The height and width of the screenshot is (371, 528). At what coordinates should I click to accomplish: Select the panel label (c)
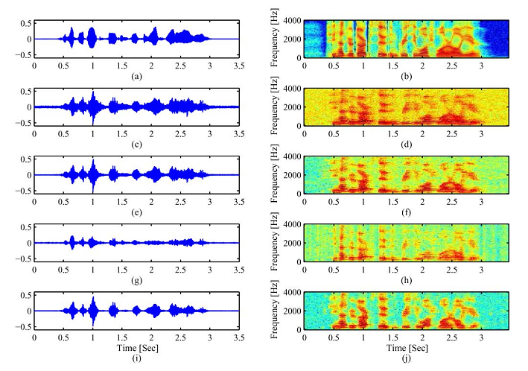pos(136,145)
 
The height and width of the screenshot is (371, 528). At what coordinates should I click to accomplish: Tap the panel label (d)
pos(407,145)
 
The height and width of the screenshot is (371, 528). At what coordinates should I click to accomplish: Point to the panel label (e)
pos(136,213)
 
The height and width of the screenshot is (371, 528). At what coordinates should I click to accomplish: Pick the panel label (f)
pos(407,213)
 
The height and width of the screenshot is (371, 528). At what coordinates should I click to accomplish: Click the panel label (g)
pos(136,281)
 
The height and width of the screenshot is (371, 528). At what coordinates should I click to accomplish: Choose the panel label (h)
pos(407,281)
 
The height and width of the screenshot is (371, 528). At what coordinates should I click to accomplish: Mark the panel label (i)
pos(136,358)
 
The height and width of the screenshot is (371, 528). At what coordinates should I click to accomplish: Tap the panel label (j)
pos(407,358)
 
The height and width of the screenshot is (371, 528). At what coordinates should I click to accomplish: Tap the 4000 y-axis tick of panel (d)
pos(293,89)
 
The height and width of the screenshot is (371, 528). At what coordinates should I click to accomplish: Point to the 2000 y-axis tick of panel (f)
pos(293,175)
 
